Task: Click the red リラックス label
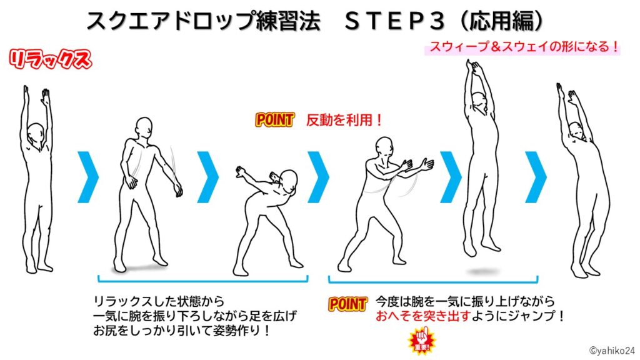(x=50, y=60)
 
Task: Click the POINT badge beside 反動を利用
(x=275, y=120)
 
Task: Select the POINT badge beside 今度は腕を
(x=347, y=304)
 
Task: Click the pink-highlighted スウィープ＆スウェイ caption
(x=522, y=47)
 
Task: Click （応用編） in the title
(x=500, y=21)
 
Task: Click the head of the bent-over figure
(x=289, y=182)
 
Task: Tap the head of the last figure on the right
(x=577, y=130)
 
